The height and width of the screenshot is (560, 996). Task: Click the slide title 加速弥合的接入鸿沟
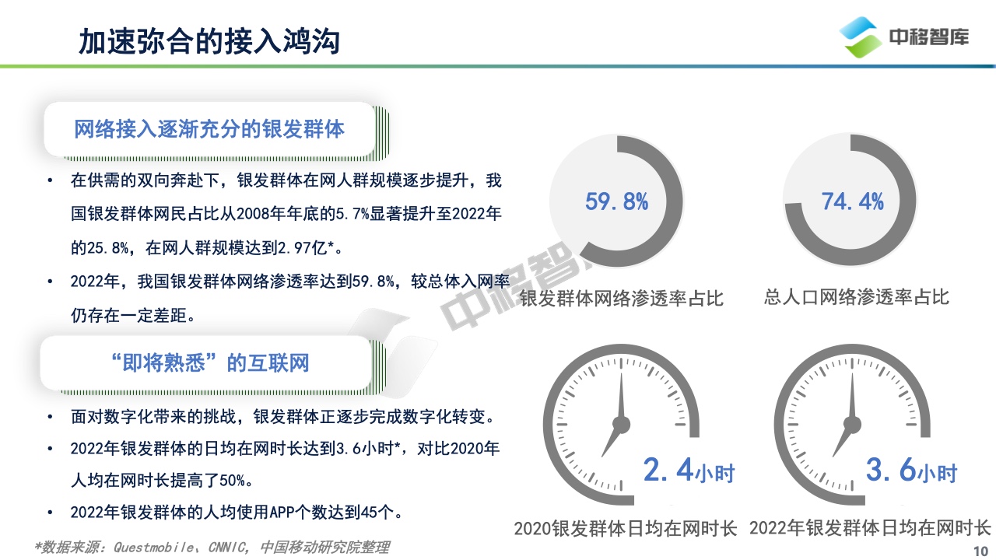(x=209, y=42)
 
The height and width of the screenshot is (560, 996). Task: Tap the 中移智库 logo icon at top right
(x=861, y=37)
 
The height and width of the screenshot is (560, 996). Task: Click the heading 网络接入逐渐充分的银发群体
(x=209, y=129)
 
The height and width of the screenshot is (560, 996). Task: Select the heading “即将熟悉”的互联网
(x=209, y=362)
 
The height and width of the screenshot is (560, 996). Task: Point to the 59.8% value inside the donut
(x=617, y=201)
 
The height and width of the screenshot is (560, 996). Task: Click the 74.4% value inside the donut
(x=852, y=201)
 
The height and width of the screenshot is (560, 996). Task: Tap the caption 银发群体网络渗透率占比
(x=622, y=298)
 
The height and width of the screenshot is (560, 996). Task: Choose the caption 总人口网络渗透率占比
(x=857, y=297)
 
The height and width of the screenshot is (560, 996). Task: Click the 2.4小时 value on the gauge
(x=689, y=471)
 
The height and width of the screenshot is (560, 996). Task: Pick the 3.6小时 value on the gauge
(x=911, y=471)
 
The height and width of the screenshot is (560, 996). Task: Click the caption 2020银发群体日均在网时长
(x=626, y=529)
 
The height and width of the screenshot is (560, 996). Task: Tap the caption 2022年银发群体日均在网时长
(x=870, y=528)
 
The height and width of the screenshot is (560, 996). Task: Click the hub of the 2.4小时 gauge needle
(x=621, y=425)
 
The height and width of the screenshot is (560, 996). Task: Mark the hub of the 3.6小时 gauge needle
(x=852, y=425)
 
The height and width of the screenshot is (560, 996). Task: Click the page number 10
(x=981, y=551)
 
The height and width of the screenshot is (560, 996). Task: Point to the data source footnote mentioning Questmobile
(x=212, y=547)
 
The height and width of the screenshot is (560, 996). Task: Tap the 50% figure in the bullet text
(x=232, y=481)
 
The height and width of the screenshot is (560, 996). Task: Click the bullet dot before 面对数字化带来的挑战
(x=50, y=417)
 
